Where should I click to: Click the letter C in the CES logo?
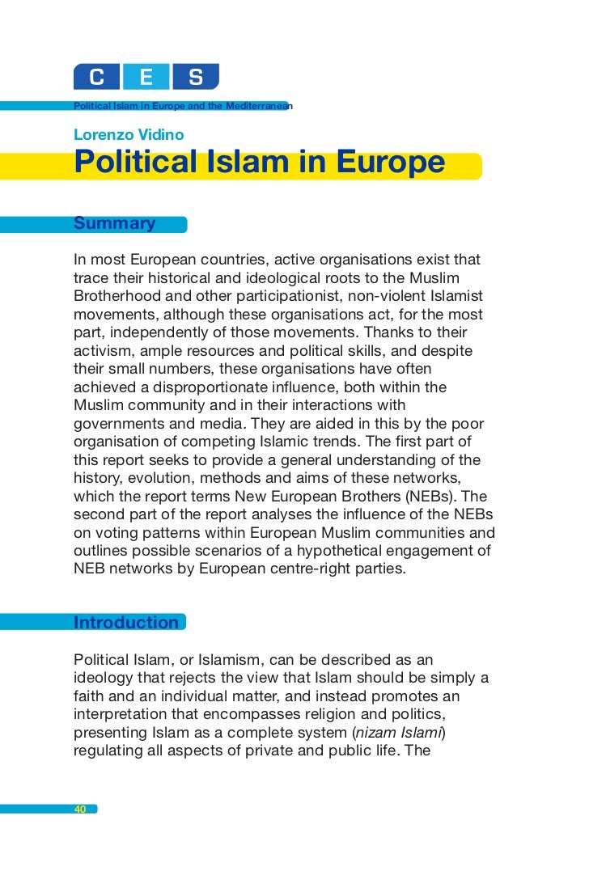[96, 78]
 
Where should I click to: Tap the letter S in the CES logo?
[195, 78]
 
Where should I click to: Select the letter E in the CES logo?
[146, 78]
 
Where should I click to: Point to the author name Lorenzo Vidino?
[129, 134]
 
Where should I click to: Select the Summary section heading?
[115, 223]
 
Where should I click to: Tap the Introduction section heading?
[126, 623]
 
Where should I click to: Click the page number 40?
[80, 809]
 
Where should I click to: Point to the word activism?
[100, 350]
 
